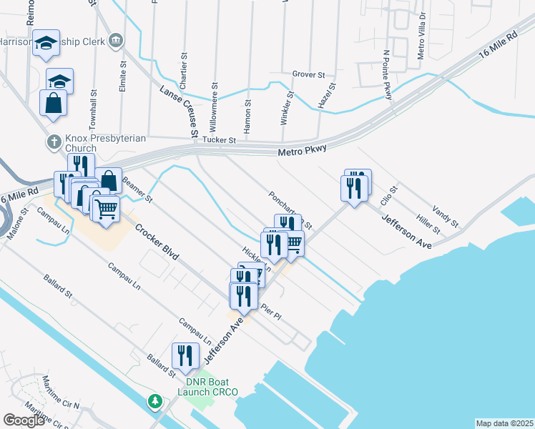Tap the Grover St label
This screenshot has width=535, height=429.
point(308,74)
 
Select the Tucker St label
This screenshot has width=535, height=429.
point(219,141)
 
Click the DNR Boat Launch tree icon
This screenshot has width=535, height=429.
point(154,402)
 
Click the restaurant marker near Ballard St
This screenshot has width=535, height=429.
point(185,356)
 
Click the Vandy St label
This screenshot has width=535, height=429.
point(446,216)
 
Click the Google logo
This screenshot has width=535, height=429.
point(24,420)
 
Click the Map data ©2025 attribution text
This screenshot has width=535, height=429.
point(504,423)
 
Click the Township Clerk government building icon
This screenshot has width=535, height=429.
point(114,41)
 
